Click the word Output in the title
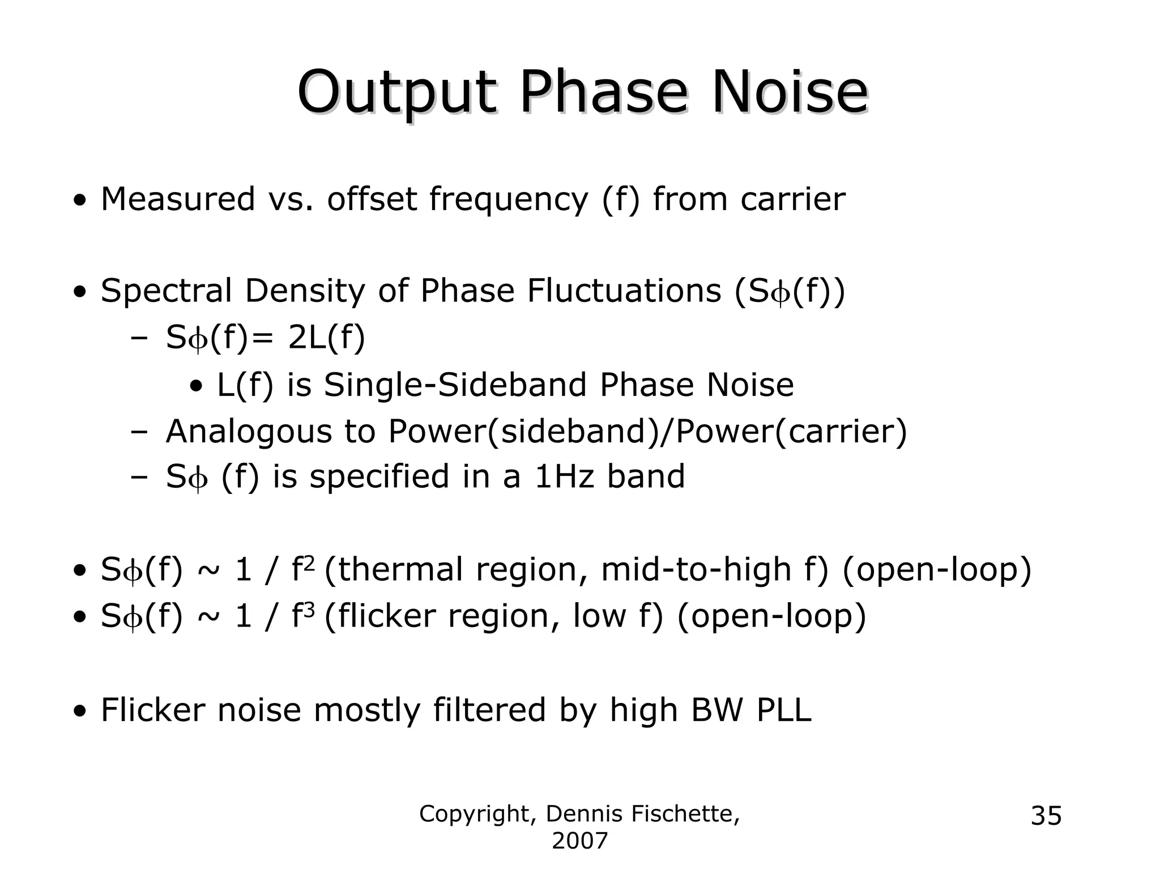tap(396, 92)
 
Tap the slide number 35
tap(1046, 816)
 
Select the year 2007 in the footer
tap(579, 841)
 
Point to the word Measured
tap(178, 199)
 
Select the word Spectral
tap(166, 291)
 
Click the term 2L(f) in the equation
tap(326, 338)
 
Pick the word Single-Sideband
tap(455, 385)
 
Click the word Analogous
tap(248, 432)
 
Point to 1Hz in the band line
tap(564, 476)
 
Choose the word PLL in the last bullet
tap(784, 710)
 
